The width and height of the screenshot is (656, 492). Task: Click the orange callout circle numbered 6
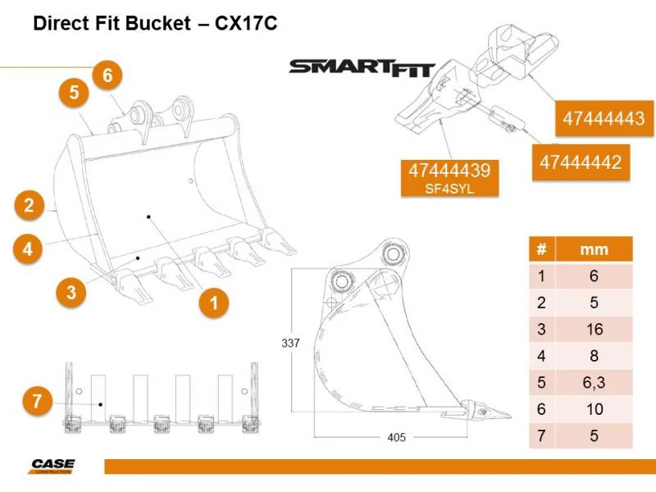(107, 75)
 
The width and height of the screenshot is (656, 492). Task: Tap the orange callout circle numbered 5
(74, 93)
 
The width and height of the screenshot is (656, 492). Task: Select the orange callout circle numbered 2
(29, 205)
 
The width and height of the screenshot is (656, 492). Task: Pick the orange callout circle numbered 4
(29, 248)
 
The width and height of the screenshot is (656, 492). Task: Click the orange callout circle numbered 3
(72, 292)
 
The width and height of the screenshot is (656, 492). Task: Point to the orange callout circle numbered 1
(214, 303)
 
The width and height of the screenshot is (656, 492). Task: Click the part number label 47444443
(603, 119)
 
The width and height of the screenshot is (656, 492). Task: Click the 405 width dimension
(396, 437)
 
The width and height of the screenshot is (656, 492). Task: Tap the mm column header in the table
(593, 248)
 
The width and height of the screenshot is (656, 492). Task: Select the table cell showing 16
(593, 329)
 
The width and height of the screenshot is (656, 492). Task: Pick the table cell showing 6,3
(593, 381)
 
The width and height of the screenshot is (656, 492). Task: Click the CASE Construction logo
(53, 467)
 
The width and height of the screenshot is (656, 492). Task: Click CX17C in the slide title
(246, 24)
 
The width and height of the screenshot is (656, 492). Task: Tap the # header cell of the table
(541, 248)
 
